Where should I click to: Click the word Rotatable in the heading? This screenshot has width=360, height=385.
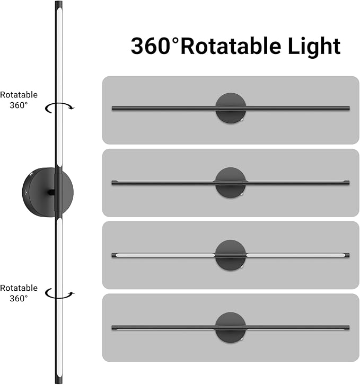click(231, 46)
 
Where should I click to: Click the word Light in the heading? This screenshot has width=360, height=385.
click(314, 47)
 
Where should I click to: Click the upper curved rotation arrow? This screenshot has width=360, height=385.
click(59, 108)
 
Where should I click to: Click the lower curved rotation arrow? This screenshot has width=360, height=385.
click(59, 293)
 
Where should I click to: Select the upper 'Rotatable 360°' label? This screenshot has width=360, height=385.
click(19, 100)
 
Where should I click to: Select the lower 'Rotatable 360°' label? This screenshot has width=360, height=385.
click(19, 293)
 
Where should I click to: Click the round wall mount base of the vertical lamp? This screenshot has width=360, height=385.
click(39, 192)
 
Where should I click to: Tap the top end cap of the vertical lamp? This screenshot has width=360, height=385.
click(59, 4)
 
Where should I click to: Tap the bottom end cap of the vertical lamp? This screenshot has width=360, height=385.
click(59, 380)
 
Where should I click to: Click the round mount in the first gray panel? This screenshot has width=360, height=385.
click(231, 108)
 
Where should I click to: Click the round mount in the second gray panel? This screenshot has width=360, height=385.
click(231, 183)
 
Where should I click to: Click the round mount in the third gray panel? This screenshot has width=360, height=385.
click(231, 255)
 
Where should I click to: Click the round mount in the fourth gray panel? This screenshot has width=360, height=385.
click(231, 328)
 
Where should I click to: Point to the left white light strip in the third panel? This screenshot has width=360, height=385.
click(165, 255)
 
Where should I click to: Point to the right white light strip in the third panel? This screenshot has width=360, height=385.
click(296, 255)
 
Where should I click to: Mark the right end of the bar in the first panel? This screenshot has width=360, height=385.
click(349, 108)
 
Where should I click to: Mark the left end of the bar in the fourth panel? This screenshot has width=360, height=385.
click(112, 328)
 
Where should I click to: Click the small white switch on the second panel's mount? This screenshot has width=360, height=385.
click(242, 194)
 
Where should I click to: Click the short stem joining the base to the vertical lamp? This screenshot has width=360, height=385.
click(51, 193)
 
